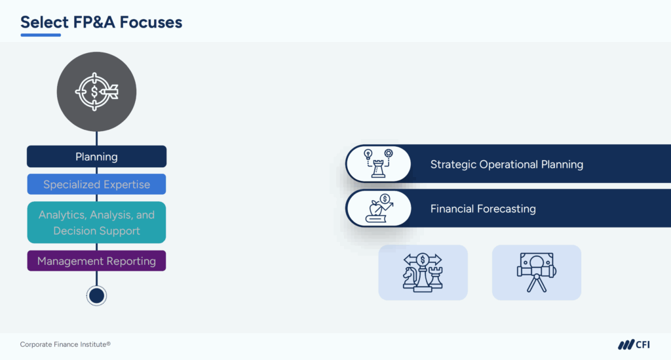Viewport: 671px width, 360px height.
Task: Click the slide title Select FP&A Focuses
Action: tap(101, 22)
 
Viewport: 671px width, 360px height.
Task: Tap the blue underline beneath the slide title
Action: tap(45, 35)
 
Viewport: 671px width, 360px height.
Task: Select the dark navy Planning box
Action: tap(96, 157)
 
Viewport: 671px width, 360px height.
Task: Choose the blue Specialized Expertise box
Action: tap(96, 184)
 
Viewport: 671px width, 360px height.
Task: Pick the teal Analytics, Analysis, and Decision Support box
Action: tap(96, 222)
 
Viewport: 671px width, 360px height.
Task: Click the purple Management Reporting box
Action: tap(96, 261)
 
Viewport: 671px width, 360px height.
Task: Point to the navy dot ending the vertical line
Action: tap(96, 296)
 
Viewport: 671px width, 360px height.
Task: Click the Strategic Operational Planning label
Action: tap(507, 164)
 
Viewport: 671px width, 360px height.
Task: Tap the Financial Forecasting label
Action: tap(483, 209)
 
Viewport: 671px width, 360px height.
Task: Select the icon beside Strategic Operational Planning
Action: tap(378, 164)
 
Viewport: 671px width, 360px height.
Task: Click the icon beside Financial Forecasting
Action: tap(378, 209)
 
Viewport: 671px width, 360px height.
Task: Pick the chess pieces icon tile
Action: tap(423, 272)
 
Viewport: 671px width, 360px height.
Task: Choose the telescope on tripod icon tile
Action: tap(536, 272)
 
